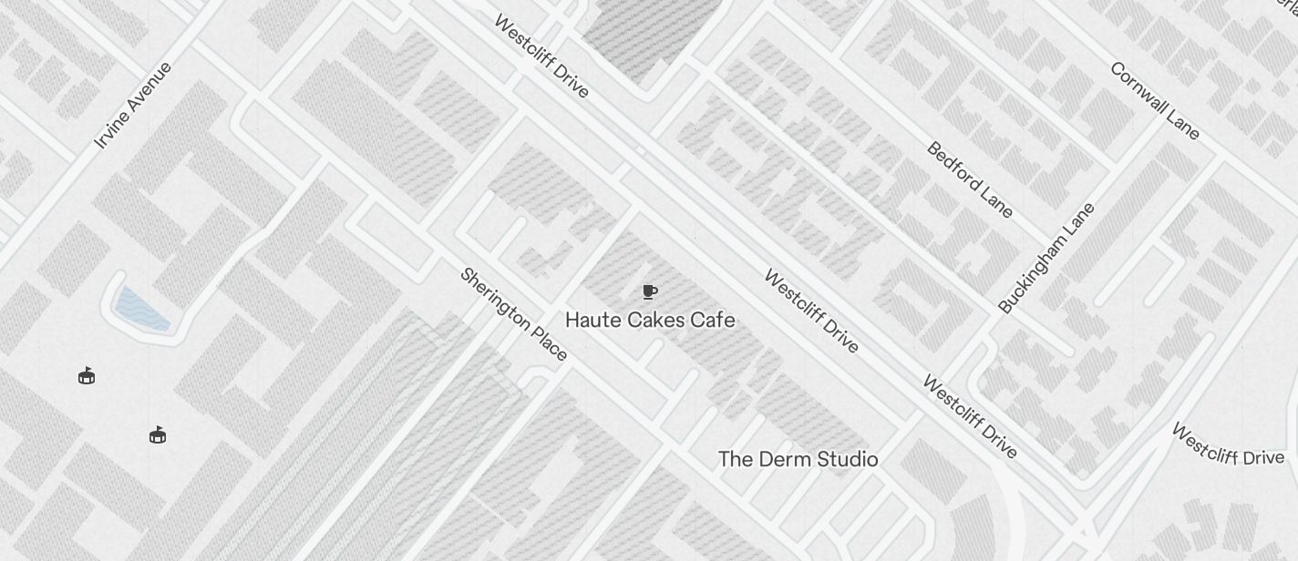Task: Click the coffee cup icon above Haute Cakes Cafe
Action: [x=649, y=291]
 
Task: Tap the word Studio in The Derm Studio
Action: [x=846, y=459]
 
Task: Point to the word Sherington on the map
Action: [x=498, y=300]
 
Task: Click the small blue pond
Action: [x=142, y=308]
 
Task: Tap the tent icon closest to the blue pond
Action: [x=87, y=375]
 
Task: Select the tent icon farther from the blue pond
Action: [x=158, y=434]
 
